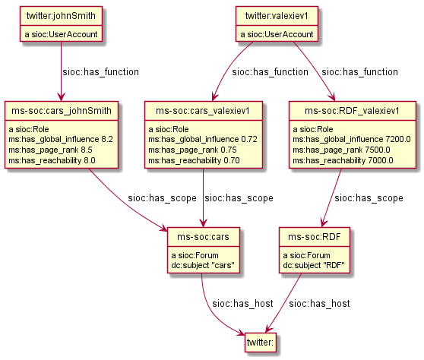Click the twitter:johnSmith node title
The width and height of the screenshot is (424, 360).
pos(61,16)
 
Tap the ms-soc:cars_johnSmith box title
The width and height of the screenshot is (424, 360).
pos(61,112)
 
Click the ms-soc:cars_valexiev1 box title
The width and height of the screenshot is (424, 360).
pos(204,112)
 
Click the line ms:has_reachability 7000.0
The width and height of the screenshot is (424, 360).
pos(343,160)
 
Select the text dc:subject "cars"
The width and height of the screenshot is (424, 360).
pos(201,265)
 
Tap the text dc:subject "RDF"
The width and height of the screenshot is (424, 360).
pos(314,265)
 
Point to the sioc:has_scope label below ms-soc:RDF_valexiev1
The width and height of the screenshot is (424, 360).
pos(369,197)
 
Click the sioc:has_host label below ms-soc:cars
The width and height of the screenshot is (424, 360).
pos(242,303)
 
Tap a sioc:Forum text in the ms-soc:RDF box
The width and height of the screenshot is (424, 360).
pos(308,254)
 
